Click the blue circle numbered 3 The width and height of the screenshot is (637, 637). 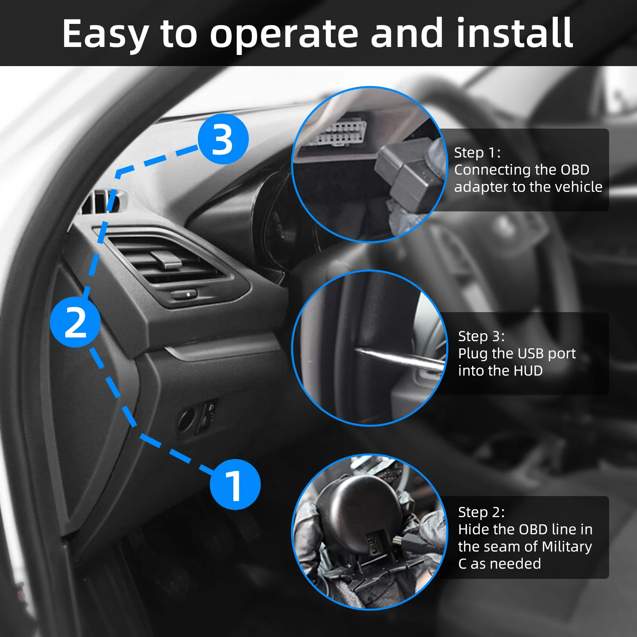223,139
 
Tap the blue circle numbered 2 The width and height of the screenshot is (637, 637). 75,322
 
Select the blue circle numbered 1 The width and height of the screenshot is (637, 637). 235,485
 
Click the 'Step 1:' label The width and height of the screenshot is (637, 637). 477,152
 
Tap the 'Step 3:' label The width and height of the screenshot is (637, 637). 481,336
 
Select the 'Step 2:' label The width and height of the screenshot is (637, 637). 481,512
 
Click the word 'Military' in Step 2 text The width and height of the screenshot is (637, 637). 567,547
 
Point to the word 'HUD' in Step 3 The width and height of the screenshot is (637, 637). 528,371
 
